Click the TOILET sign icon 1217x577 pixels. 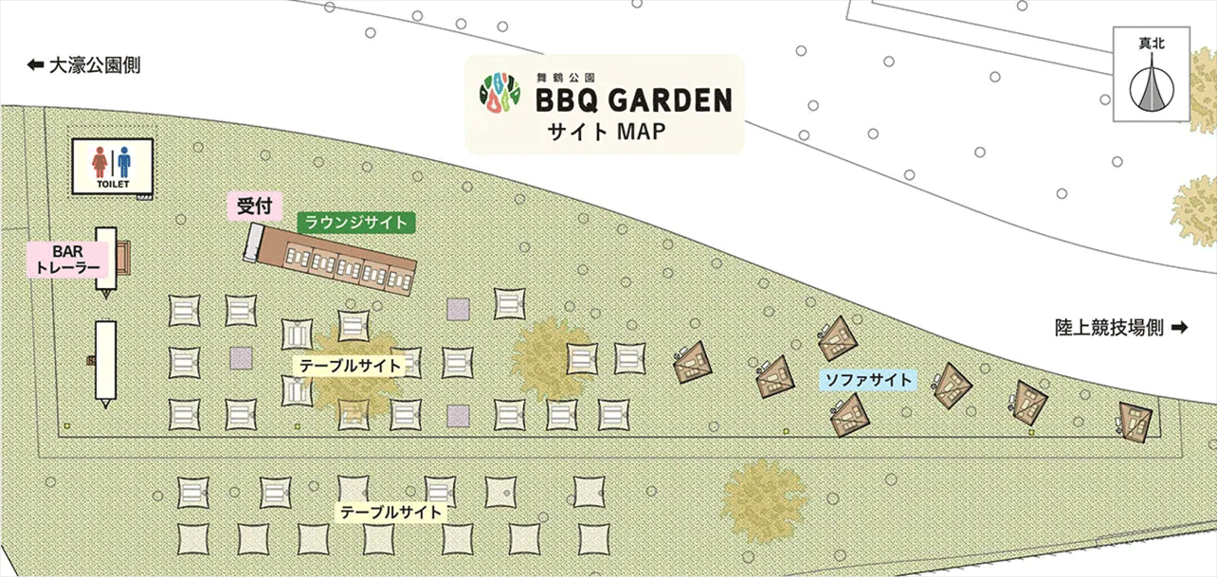(x=112, y=167)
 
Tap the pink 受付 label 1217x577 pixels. (x=249, y=205)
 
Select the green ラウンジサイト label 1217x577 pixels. (x=355, y=224)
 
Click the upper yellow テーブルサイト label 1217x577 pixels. (x=352, y=366)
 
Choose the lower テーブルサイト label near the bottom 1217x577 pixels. (x=392, y=513)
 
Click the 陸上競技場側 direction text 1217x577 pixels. (x=1109, y=328)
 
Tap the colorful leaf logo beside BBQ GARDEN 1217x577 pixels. (x=500, y=92)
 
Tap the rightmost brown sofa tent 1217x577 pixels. (x=1134, y=422)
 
